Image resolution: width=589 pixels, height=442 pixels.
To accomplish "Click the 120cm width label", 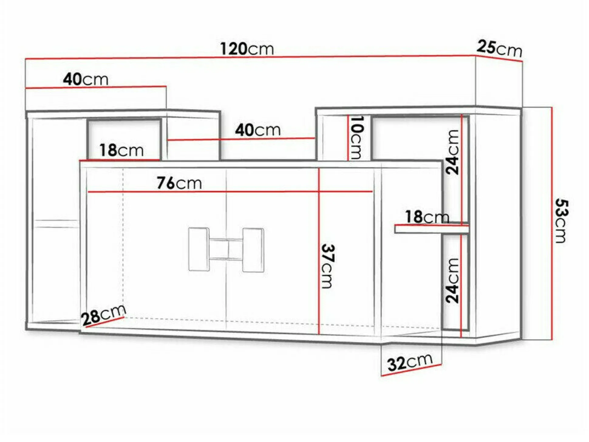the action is (247, 49).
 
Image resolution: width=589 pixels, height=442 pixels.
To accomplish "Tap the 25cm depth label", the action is (499, 48).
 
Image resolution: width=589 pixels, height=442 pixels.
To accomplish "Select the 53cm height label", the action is (561, 221).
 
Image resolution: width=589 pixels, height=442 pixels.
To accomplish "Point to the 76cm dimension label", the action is (179, 183).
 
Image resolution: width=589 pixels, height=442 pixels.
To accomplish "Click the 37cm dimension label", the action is (328, 266).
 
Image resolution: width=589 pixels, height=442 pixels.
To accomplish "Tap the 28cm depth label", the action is (104, 315).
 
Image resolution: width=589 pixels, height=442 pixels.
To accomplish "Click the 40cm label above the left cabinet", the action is (85, 79).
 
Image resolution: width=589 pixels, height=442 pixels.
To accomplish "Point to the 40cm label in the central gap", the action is (258, 130).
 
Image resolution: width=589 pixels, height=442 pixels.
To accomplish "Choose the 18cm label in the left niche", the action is (121, 150).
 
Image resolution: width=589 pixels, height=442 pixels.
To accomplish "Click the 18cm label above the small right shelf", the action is (427, 217).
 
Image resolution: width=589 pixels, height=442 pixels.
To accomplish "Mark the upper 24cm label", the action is (452, 152).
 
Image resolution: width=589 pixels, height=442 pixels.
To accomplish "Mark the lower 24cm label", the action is (452, 280).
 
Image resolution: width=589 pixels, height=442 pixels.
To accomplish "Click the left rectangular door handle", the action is (199, 249).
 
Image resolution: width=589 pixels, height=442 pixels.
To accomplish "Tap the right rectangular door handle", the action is (253, 250).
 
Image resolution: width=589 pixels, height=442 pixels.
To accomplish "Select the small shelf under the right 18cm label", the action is (431, 229).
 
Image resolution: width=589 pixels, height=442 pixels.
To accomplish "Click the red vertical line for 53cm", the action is (552, 223).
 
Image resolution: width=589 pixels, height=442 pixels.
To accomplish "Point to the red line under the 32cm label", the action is (411, 370).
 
